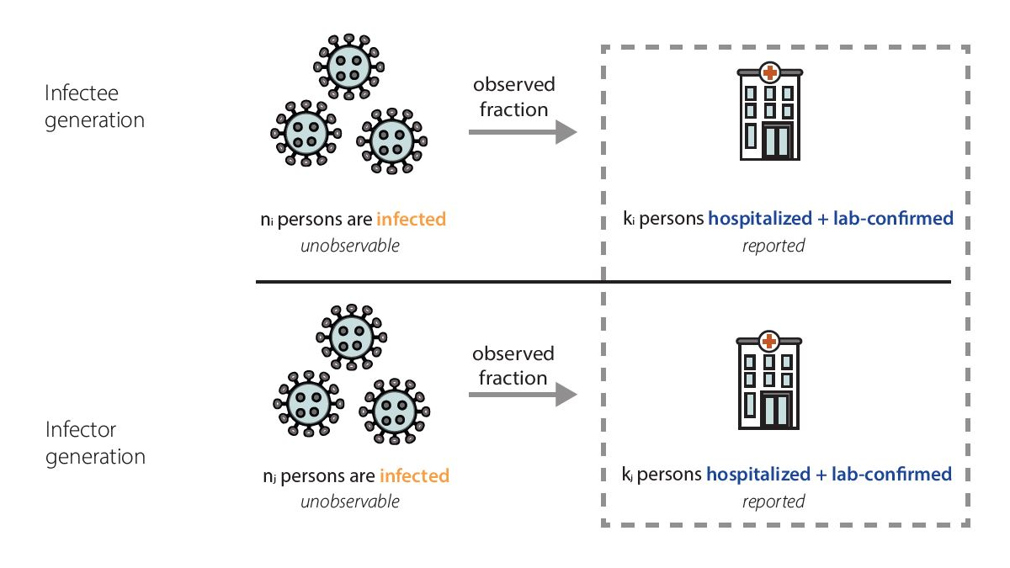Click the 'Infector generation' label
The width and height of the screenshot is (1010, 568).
pyautogui.click(x=94, y=443)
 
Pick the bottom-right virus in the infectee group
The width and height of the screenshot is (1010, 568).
pyautogui.click(x=390, y=140)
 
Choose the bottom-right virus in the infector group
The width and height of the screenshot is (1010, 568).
pyautogui.click(x=391, y=410)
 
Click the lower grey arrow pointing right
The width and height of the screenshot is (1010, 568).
pyautogui.click(x=522, y=394)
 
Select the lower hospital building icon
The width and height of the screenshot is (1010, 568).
pyautogui.click(x=768, y=380)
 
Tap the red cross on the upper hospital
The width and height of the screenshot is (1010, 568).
pyautogui.click(x=768, y=72)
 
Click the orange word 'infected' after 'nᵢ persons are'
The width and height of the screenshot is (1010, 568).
pyautogui.click(x=411, y=220)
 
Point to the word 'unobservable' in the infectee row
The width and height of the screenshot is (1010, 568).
pyautogui.click(x=349, y=246)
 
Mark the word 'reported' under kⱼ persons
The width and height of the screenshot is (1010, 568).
pyautogui.click(x=773, y=502)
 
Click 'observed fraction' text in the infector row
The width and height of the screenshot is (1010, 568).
pyautogui.click(x=513, y=365)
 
